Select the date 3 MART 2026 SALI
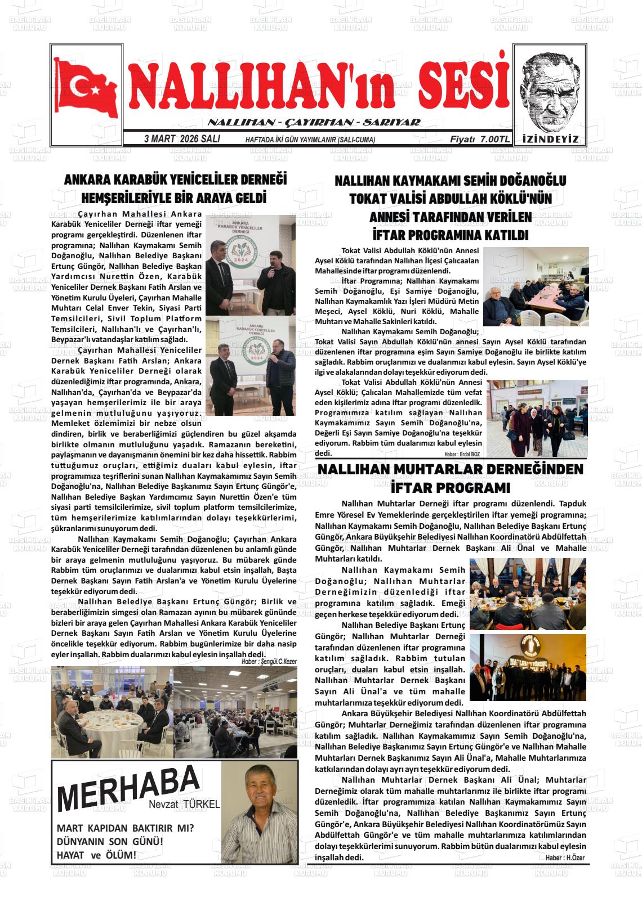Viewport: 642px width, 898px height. coord(182,139)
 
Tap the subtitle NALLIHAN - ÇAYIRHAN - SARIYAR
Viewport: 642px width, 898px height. coord(314,123)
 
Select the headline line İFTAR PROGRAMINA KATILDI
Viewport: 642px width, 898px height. coord(450,235)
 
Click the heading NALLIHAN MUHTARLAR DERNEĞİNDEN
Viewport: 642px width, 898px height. coord(451,470)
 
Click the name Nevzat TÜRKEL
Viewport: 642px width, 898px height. coord(184,805)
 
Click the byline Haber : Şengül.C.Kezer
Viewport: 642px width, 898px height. coord(269,662)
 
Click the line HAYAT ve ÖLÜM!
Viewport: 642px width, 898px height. coord(96,855)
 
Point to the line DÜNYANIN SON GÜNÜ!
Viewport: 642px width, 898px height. coord(110,842)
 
